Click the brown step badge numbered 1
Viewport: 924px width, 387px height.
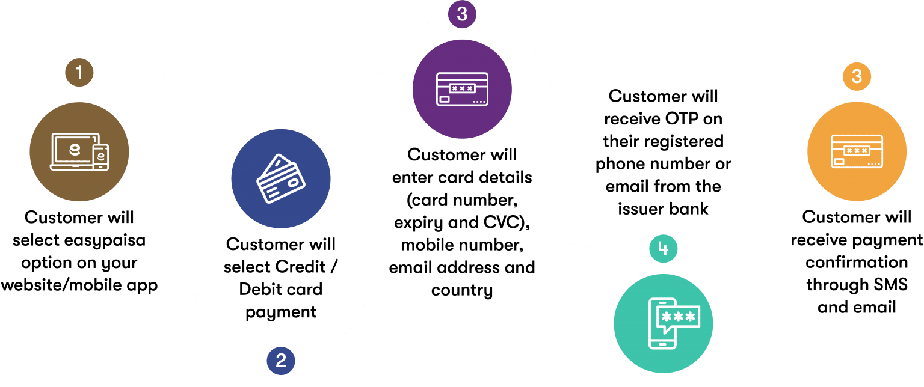tap(79, 73)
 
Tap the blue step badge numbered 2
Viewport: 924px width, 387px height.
tap(281, 361)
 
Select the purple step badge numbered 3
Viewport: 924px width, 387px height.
tap(462, 14)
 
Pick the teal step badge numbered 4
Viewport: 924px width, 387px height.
tap(664, 248)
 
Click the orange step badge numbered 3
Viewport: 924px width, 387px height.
tap(857, 77)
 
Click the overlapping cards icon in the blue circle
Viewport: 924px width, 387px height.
tap(281, 178)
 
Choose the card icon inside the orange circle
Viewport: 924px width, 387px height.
tap(857, 151)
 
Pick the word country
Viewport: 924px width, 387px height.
tap(462, 290)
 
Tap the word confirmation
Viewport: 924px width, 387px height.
tap(857, 263)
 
